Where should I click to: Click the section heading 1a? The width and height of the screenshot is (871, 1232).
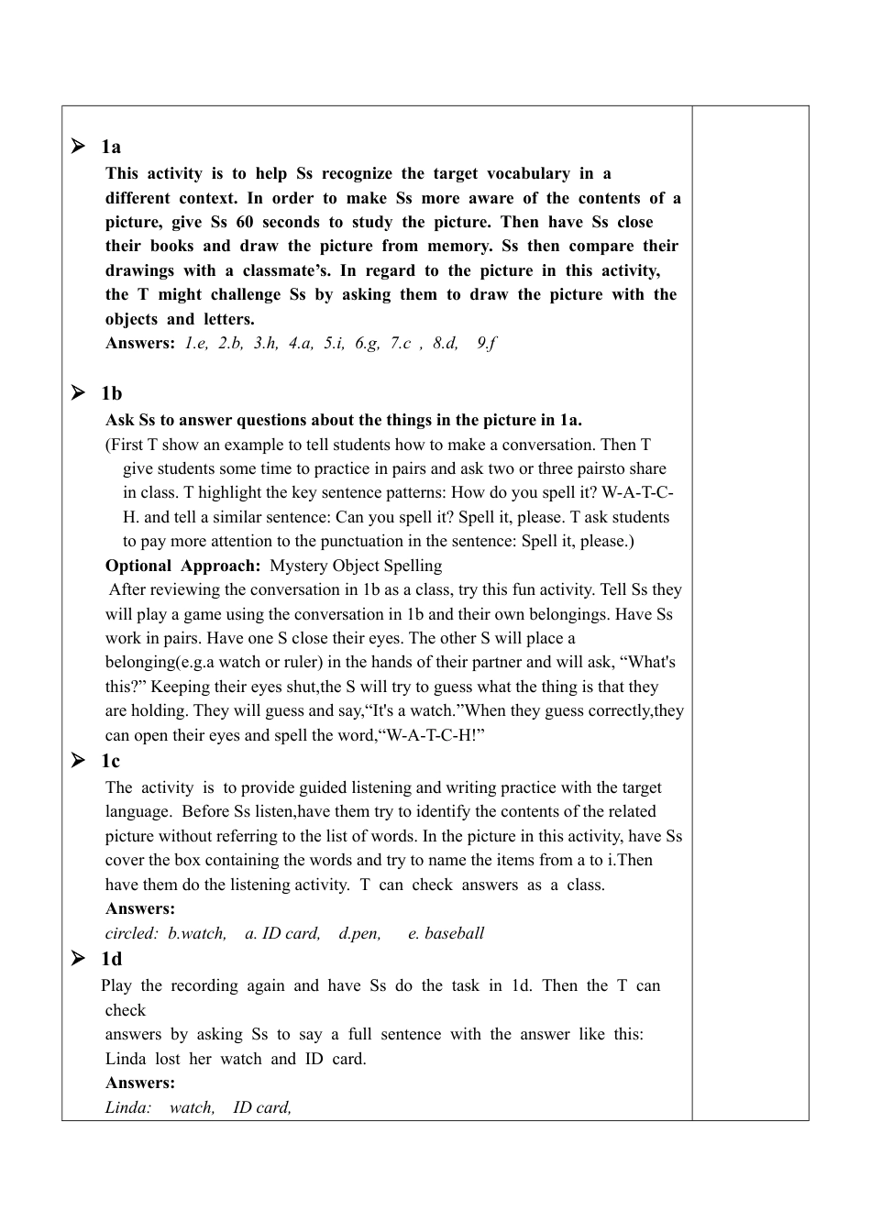[x=111, y=147]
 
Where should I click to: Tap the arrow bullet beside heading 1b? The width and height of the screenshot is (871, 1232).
[x=78, y=393]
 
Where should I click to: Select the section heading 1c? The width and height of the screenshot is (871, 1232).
[x=110, y=761]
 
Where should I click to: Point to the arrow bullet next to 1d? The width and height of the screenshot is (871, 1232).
[x=78, y=958]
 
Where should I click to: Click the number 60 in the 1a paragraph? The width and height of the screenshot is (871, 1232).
[x=244, y=222]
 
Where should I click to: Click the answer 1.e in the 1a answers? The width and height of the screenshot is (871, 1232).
[x=196, y=343]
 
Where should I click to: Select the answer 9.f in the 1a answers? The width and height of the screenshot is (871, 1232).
[x=486, y=343]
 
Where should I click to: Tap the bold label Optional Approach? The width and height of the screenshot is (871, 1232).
[x=182, y=566]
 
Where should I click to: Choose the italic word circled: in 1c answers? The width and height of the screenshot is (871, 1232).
[x=132, y=933]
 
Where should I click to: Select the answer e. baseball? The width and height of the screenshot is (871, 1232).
[x=446, y=933]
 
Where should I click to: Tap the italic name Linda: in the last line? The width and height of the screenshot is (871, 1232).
[x=128, y=1107]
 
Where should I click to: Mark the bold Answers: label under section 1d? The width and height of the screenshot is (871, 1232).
[x=139, y=1083]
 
